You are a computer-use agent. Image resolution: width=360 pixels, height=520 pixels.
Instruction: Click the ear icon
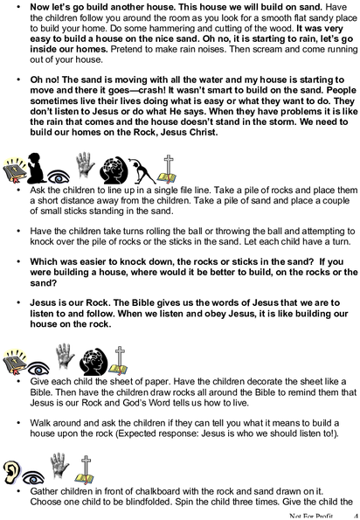point(11,472)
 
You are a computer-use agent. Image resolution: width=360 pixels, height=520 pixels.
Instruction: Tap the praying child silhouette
point(36,168)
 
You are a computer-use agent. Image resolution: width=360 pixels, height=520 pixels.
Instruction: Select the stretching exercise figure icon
point(142,170)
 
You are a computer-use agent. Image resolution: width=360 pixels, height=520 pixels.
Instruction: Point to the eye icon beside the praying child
point(59,177)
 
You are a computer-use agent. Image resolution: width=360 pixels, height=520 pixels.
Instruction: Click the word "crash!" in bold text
point(149,90)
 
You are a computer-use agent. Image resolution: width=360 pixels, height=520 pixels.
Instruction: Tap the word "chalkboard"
point(161,491)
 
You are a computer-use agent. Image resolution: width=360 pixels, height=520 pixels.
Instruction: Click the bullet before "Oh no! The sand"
point(18,80)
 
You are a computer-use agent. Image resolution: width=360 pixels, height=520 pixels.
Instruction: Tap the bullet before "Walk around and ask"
point(18,423)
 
